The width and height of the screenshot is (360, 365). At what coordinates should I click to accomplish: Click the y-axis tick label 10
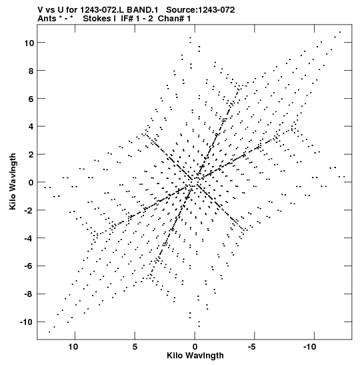[29, 43]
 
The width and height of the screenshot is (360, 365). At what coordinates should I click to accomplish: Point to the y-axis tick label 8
[31, 71]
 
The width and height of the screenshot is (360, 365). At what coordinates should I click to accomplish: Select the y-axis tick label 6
[31, 99]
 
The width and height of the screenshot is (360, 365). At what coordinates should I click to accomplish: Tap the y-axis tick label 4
[31, 127]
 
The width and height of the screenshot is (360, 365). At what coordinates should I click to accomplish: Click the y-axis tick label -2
[29, 210]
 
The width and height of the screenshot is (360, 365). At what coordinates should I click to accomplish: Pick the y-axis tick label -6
[29, 266]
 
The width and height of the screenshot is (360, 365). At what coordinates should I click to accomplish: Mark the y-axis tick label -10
[27, 322]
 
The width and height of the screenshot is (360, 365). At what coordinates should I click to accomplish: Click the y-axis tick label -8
[29, 294]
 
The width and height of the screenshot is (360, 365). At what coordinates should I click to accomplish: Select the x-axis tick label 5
[135, 347]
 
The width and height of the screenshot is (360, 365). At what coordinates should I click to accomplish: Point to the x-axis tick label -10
[310, 347]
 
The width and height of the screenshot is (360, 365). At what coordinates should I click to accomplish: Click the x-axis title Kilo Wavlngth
[195, 356]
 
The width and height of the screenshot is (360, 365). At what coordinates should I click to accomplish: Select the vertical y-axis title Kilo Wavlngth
[13, 181]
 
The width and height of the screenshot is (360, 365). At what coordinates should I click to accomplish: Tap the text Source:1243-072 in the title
[201, 10]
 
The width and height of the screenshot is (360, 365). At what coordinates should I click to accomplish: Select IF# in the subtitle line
[127, 19]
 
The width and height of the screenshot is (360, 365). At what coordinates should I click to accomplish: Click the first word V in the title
[40, 10]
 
